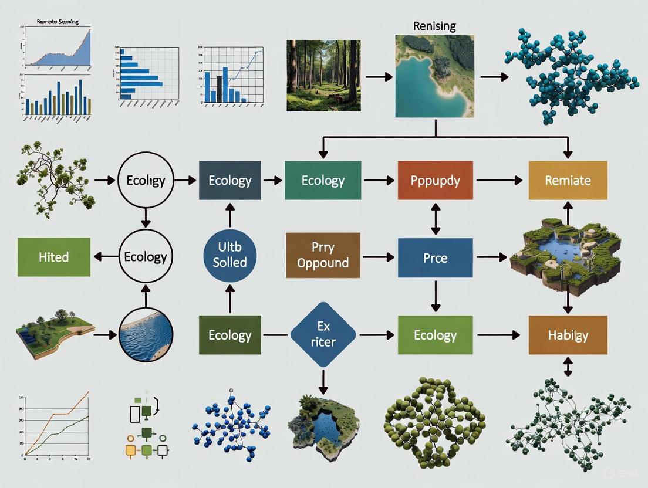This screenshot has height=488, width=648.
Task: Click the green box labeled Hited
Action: point(54,257)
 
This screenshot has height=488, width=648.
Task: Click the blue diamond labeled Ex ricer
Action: point(323,335)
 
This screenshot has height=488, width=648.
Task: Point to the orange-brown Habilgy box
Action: point(568,335)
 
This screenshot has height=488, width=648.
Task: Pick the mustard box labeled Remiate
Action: point(568,180)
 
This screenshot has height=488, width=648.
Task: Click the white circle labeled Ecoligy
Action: point(146,180)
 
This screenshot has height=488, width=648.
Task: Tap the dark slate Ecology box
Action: point(230,180)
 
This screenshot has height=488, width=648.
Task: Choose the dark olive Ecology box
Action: point(230,335)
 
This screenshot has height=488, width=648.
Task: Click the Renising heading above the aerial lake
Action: point(435,26)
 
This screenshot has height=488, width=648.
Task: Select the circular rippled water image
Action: point(146,335)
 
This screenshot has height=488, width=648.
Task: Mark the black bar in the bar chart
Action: point(219,88)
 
